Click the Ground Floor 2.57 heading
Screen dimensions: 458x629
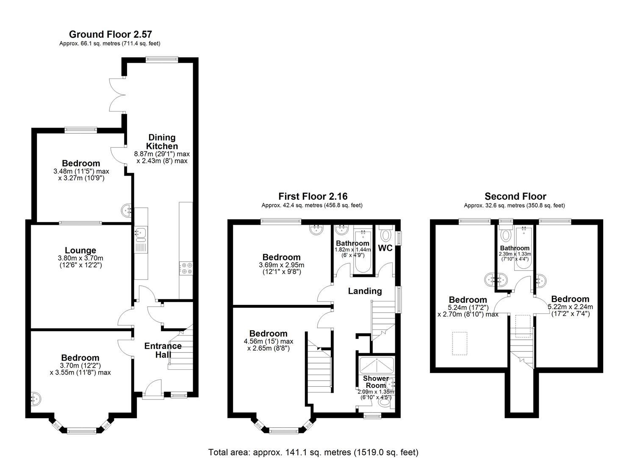click(x=110, y=34)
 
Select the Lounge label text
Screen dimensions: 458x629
click(x=80, y=250)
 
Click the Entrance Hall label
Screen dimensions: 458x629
click(x=163, y=350)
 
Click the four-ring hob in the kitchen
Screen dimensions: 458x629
click(x=186, y=268)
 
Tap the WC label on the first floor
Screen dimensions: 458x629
click(x=385, y=248)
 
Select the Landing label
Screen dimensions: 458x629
click(x=365, y=291)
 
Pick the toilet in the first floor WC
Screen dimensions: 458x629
click(x=386, y=235)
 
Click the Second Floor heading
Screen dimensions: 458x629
click(x=515, y=196)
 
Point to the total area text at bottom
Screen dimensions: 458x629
click(x=313, y=452)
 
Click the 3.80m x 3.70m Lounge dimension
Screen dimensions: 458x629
click(x=80, y=258)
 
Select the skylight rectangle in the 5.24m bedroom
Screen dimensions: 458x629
click(x=460, y=343)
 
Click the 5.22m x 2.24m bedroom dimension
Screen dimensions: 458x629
click(x=570, y=307)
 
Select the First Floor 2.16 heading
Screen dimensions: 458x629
click(x=313, y=196)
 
